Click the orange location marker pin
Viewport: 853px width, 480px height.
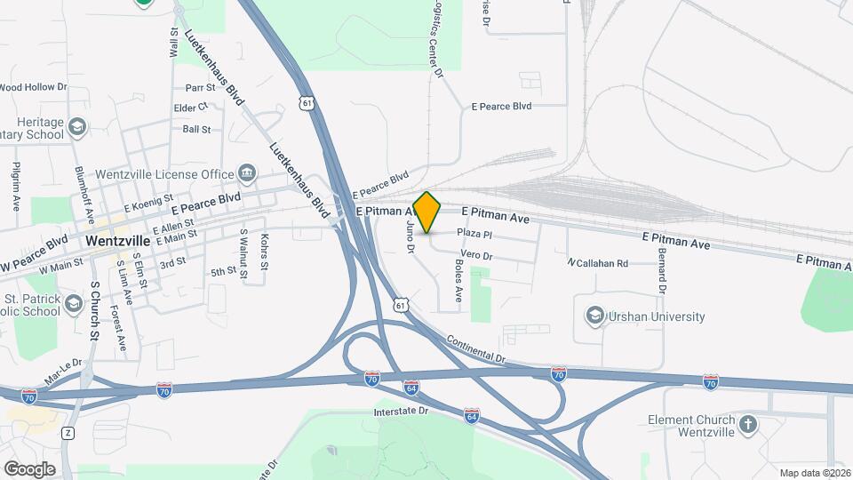click(427, 212)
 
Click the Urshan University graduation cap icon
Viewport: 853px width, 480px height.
click(594, 316)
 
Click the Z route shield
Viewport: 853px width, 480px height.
click(68, 433)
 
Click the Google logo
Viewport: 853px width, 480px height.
click(29, 468)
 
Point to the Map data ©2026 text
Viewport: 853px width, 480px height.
click(812, 472)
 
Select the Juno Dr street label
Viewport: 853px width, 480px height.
click(411, 237)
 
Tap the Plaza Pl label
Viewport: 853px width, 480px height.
click(474, 233)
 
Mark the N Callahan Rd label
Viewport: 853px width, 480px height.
click(598, 263)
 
